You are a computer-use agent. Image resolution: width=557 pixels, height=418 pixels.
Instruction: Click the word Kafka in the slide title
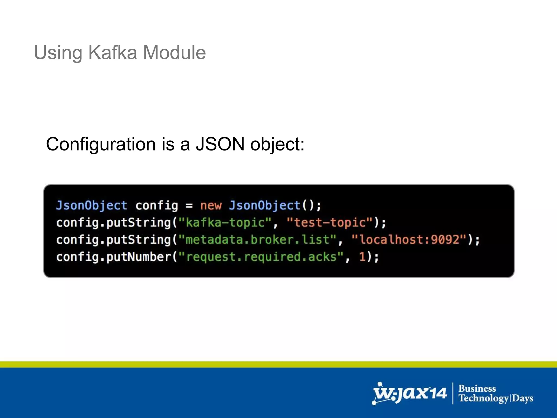[113, 52]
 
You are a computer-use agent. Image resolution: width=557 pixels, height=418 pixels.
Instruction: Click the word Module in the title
[174, 52]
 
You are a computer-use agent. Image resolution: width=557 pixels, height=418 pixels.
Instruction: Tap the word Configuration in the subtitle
[101, 144]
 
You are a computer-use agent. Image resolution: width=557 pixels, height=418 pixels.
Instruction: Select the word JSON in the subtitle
[220, 144]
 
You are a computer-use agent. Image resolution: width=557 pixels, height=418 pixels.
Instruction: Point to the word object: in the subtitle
[277, 145]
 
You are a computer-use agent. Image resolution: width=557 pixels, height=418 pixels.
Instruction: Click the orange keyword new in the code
[211, 205]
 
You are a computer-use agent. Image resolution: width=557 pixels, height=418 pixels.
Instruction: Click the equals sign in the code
[189, 206]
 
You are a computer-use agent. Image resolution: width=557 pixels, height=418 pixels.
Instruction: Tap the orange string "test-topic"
[329, 223]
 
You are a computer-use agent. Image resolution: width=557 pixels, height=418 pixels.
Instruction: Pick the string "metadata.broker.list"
[257, 240]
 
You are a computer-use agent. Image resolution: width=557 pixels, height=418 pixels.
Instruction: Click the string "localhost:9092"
[409, 240]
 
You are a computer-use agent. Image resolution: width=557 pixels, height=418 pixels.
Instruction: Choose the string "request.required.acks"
[261, 257]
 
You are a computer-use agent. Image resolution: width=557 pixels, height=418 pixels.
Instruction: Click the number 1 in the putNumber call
[362, 257]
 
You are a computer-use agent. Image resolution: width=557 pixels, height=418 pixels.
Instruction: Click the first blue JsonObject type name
[92, 205]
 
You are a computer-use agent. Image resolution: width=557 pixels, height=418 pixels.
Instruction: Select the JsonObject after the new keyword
[264, 205]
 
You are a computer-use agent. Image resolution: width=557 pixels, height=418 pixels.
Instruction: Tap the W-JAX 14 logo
[410, 394]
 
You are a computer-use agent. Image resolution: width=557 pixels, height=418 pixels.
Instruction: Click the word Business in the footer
[477, 388]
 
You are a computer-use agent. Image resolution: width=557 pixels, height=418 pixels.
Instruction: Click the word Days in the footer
[522, 398]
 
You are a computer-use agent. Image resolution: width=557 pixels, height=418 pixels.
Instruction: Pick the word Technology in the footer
[484, 398]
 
